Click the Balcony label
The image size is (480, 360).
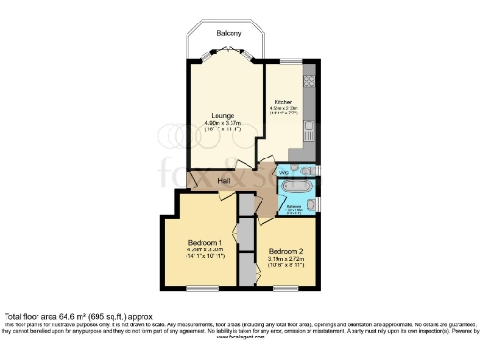(x=227, y=33)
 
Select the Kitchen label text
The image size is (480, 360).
(x=284, y=101)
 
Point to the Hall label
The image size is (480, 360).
(x=225, y=180)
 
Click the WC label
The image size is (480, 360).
(x=284, y=172)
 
